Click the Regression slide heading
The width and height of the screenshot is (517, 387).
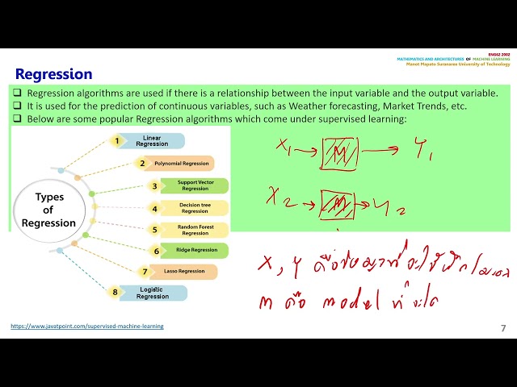click(54, 74)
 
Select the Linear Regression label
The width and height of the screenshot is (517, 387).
click(152, 141)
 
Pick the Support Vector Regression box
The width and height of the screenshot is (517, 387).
click(195, 186)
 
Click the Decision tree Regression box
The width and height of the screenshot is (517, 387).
click(195, 208)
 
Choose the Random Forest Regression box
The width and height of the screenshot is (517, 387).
click(195, 230)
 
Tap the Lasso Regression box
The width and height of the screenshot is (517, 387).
click(184, 272)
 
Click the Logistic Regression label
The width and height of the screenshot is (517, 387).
click(152, 293)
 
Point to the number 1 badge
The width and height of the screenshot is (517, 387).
click(117, 141)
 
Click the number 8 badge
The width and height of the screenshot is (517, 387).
click(116, 292)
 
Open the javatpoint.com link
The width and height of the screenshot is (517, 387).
click(87, 327)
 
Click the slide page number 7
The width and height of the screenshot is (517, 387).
click(503, 327)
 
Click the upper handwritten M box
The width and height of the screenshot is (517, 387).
click(340, 153)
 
